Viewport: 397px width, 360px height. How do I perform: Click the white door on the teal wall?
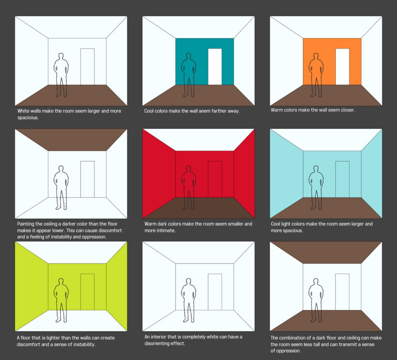click(x=215, y=66)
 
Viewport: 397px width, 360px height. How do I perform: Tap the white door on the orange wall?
click(x=342, y=66)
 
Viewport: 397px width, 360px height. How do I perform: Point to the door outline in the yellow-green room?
click(x=87, y=292)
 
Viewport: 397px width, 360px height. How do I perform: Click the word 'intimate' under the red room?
click(x=167, y=230)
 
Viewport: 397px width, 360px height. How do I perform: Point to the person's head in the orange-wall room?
click(x=316, y=56)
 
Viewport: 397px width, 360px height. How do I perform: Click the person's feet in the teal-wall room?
click(x=188, y=95)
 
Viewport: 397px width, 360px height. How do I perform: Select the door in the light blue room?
click(x=342, y=179)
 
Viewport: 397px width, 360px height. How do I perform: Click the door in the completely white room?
click(x=215, y=292)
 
